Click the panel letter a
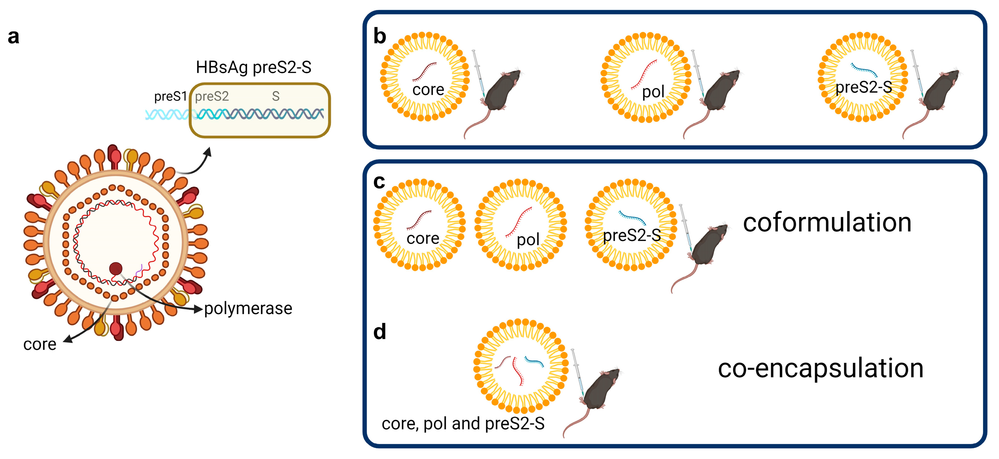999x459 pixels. pyautogui.click(x=13, y=37)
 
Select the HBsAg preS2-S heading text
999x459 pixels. pyautogui.click(x=253, y=67)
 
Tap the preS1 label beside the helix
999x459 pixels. pyautogui.click(x=170, y=96)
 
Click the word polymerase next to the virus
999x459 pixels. pyautogui.click(x=248, y=309)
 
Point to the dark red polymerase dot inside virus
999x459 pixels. pyautogui.click(x=116, y=268)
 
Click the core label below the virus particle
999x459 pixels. pyautogui.click(x=40, y=344)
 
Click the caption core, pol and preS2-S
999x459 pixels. pyautogui.click(x=463, y=423)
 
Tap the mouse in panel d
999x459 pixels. pyautogui.click(x=599, y=392)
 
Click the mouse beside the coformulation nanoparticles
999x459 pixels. pyautogui.click(x=707, y=248)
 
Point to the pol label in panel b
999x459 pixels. pyautogui.click(x=653, y=92)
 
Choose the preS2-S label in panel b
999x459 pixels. pyautogui.click(x=863, y=87)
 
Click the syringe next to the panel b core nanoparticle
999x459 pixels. pyautogui.click(x=478, y=74)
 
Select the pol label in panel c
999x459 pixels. pyautogui.click(x=528, y=240)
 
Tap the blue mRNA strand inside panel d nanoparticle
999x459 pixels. pyautogui.click(x=534, y=362)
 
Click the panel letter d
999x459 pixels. pyautogui.click(x=380, y=332)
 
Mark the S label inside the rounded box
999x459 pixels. pyautogui.click(x=275, y=96)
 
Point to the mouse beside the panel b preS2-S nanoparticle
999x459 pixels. pyautogui.click(x=939, y=93)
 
